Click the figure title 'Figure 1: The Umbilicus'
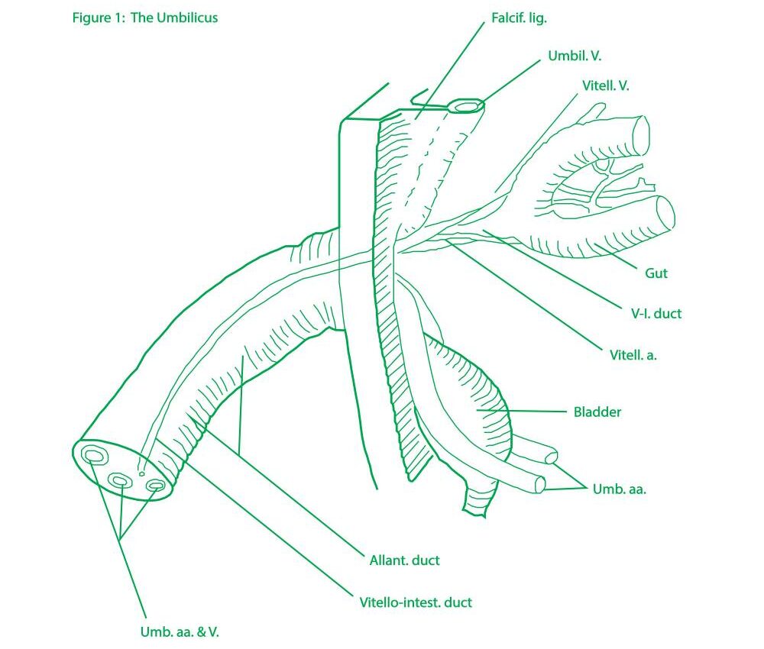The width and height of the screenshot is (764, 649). [x=144, y=18]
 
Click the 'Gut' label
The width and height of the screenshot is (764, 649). [x=656, y=273]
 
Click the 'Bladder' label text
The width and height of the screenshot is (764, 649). [x=597, y=412]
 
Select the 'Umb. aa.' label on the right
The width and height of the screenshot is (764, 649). [x=619, y=489]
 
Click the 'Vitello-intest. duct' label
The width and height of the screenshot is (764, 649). [x=416, y=602]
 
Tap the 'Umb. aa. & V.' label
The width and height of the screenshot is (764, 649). [x=184, y=631]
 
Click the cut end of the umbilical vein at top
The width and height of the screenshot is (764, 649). [x=465, y=106]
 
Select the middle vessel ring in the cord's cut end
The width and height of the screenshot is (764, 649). [x=121, y=479]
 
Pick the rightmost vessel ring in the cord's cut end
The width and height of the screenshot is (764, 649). [x=155, y=485]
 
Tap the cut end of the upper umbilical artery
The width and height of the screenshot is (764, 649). [x=550, y=458]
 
